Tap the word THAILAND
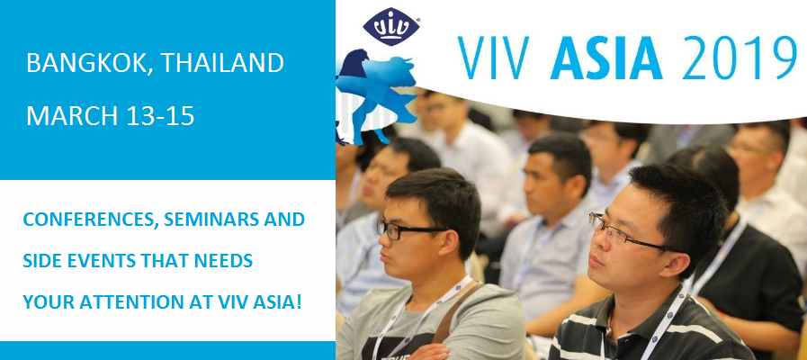click(x=222, y=63)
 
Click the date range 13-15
click(x=157, y=116)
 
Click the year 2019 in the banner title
click(x=739, y=58)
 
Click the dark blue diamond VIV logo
click(x=391, y=27)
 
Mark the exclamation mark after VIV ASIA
click(x=298, y=302)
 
